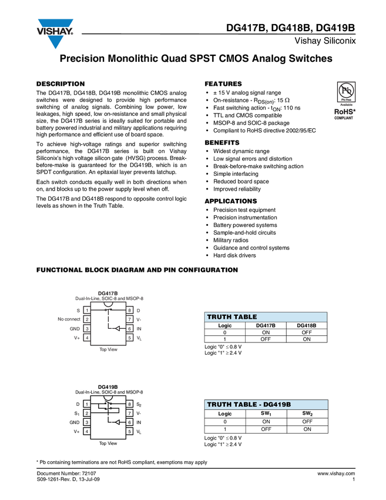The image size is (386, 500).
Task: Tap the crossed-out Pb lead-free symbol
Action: tap(347, 92)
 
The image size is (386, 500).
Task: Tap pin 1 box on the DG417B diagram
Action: tap(86, 310)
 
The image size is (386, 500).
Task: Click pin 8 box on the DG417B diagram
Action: tap(129, 310)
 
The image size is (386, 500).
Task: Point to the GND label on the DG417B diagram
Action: tap(75, 328)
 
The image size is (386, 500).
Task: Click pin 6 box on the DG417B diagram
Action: tap(129, 328)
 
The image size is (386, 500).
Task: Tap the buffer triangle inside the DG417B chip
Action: tap(117, 328)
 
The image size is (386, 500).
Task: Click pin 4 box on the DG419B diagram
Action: tap(86, 432)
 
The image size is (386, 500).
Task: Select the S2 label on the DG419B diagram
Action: tap(139, 405)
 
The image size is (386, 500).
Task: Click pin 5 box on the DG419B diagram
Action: tap(129, 432)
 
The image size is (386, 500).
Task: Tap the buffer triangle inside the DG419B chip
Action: tap(117, 422)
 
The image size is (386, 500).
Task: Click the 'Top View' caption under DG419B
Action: tap(108, 443)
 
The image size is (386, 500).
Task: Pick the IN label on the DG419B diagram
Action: tap(139, 422)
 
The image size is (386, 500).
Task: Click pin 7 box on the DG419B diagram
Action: tap(129, 414)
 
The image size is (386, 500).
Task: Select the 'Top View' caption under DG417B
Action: tap(108, 349)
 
